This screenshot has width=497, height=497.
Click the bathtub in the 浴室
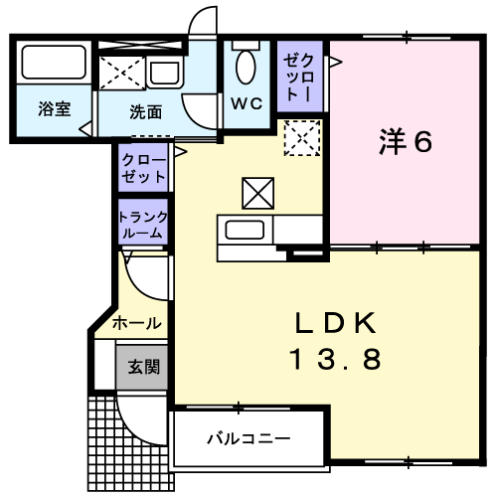tap(54, 62)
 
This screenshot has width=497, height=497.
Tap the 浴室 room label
tap(55, 109)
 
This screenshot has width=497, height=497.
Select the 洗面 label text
tap(146, 112)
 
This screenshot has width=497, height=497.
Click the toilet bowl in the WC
tap(246, 67)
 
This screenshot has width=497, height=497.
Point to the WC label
tap(247, 103)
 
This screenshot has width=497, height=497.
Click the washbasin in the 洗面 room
tap(165, 73)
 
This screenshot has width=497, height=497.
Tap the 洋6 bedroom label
tap(406, 142)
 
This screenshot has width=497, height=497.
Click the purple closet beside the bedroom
tap(300, 77)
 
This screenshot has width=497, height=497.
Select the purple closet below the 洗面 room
tap(143, 168)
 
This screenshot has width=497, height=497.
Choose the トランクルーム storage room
tap(143, 222)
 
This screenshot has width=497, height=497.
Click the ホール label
tap(137, 323)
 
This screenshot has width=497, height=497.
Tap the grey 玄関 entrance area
tap(141, 367)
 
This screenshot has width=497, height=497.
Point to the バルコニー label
tap(248, 438)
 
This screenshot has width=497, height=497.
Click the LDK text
tap(336, 323)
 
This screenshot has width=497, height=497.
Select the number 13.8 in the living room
tap(336, 360)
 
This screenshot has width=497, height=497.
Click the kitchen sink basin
tap(245, 230)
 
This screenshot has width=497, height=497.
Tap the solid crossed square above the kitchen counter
tap(258, 194)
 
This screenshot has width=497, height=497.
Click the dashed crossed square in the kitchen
tap(302, 138)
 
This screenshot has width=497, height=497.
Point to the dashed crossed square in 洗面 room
tap(122, 73)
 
